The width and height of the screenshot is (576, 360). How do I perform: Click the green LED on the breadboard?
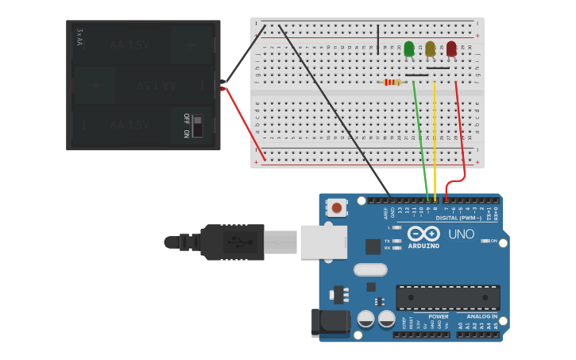click(x=409, y=49)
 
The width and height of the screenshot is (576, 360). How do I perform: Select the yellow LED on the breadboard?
click(x=430, y=49)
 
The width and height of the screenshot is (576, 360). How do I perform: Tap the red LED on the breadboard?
click(x=451, y=49)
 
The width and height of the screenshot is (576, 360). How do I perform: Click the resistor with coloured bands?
click(x=392, y=82)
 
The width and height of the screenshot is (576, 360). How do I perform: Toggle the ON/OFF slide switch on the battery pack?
click(x=197, y=126)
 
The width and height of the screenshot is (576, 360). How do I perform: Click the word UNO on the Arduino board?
click(x=461, y=234)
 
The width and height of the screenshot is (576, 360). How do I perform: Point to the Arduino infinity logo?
click(x=423, y=234)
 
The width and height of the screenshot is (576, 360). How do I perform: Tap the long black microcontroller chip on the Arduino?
click(x=448, y=297)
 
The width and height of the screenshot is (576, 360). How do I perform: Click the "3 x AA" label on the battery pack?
click(x=79, y=37)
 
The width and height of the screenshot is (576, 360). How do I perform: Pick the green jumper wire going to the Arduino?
click(x=420, y=135)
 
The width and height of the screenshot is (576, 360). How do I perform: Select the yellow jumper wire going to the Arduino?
click(x=435, y=135)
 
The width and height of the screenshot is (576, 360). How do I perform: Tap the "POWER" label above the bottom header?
click(x=438, y=316)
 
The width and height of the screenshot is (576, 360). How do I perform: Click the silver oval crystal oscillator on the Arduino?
click(x=370, y=269)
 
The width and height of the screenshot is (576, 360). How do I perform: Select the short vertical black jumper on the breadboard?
click(x=377, y=38)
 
